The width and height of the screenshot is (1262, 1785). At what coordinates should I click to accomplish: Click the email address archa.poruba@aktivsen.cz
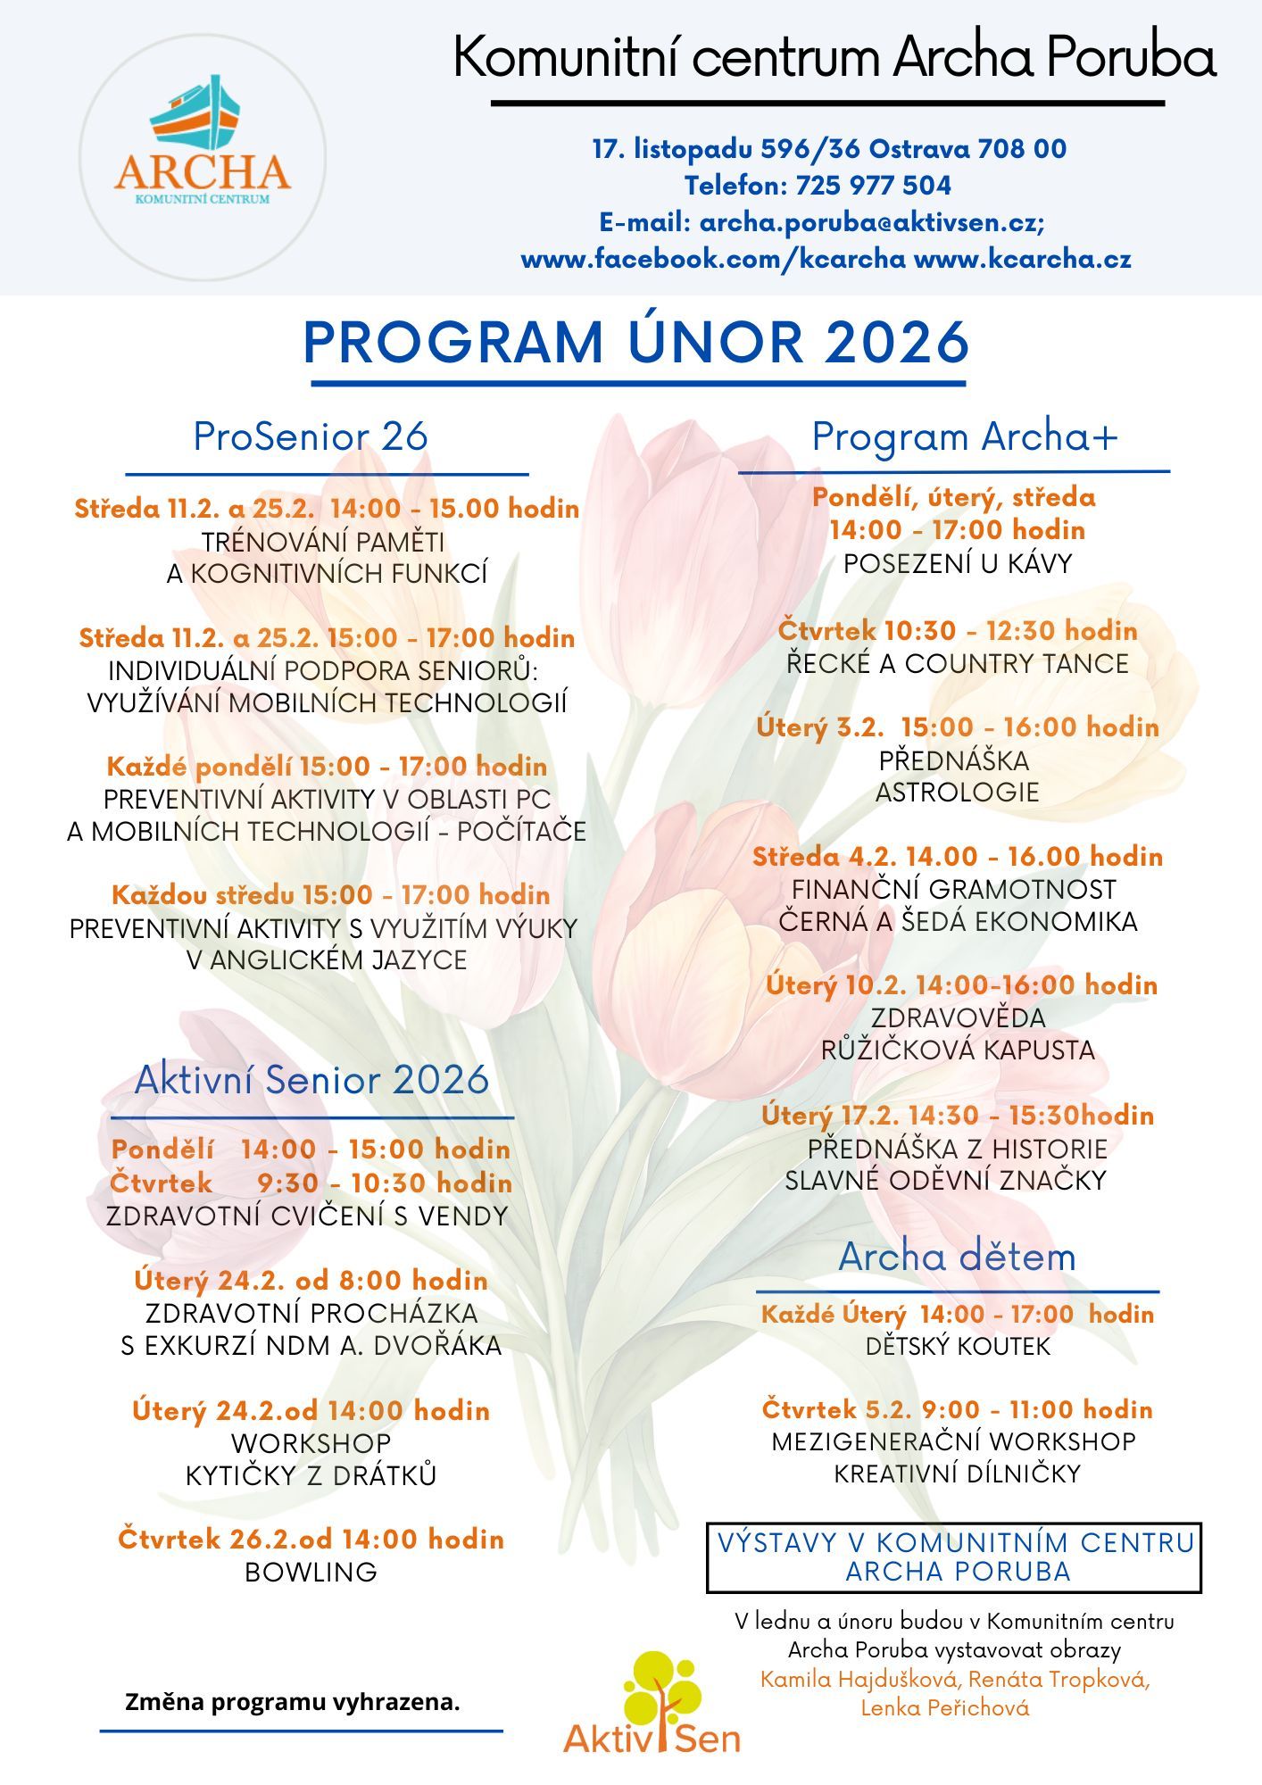coord(870,222)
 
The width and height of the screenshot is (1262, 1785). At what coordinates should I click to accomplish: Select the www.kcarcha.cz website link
coord(1023,260)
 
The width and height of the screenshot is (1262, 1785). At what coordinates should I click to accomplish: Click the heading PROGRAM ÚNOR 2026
coord(636,343)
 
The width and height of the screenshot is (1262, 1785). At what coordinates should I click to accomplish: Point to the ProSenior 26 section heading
coord(311,437)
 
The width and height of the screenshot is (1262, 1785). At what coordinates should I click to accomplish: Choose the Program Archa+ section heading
coord(964,437)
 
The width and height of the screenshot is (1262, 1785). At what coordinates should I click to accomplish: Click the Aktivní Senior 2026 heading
coord(311,1080)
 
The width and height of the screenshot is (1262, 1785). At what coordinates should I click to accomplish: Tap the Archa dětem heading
coord(957,1257)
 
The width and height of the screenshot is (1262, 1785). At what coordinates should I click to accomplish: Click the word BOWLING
coord(311,1572)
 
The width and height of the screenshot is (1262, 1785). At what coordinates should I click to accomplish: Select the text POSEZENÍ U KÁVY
coord(958,564)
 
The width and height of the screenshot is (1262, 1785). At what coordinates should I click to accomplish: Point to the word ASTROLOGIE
coord(958,793)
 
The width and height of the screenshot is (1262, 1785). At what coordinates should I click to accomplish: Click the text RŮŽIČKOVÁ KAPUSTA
coord(958,1050)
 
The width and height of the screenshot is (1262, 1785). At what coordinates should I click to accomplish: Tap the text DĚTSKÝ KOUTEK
coord(958,1346)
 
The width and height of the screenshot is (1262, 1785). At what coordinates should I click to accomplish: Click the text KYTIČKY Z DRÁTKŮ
coord(311,1475)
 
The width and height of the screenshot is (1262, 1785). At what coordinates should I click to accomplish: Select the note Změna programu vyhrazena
coord(293,1702)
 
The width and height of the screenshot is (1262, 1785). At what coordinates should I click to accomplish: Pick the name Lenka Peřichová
coord(945,1708)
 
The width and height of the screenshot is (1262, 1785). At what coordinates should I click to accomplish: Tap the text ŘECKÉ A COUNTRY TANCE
coord(958,664)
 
